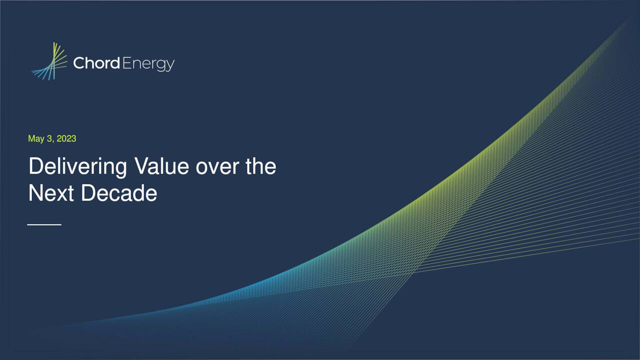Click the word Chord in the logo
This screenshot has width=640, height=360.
click(96, 63)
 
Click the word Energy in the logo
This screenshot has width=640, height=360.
click(148, 64)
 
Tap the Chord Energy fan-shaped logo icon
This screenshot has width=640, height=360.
click(50, 61)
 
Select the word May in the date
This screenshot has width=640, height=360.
click(36, 139)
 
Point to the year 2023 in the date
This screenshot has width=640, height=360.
click(66, 138)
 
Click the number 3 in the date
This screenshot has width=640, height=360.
click(49, 138)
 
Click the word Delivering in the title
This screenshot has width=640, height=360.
click(77, 166)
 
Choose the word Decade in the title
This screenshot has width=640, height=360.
click(119, 193)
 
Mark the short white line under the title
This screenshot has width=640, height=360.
click(44, 225)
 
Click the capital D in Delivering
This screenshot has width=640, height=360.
click(35, 166)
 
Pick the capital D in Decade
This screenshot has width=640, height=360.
click(87, 193)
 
